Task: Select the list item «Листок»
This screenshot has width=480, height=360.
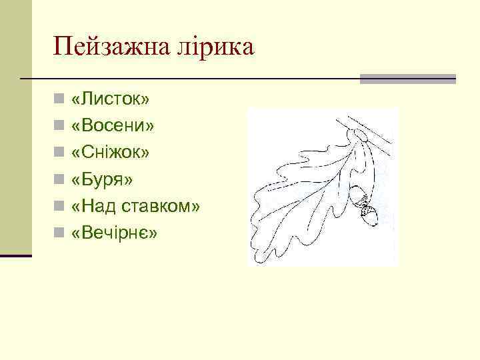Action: pos(111,99)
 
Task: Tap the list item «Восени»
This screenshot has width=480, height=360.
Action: pos(114,126)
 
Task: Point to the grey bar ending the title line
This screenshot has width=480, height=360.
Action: pos(408,79)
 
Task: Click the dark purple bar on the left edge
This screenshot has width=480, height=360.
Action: pos(16,255)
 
